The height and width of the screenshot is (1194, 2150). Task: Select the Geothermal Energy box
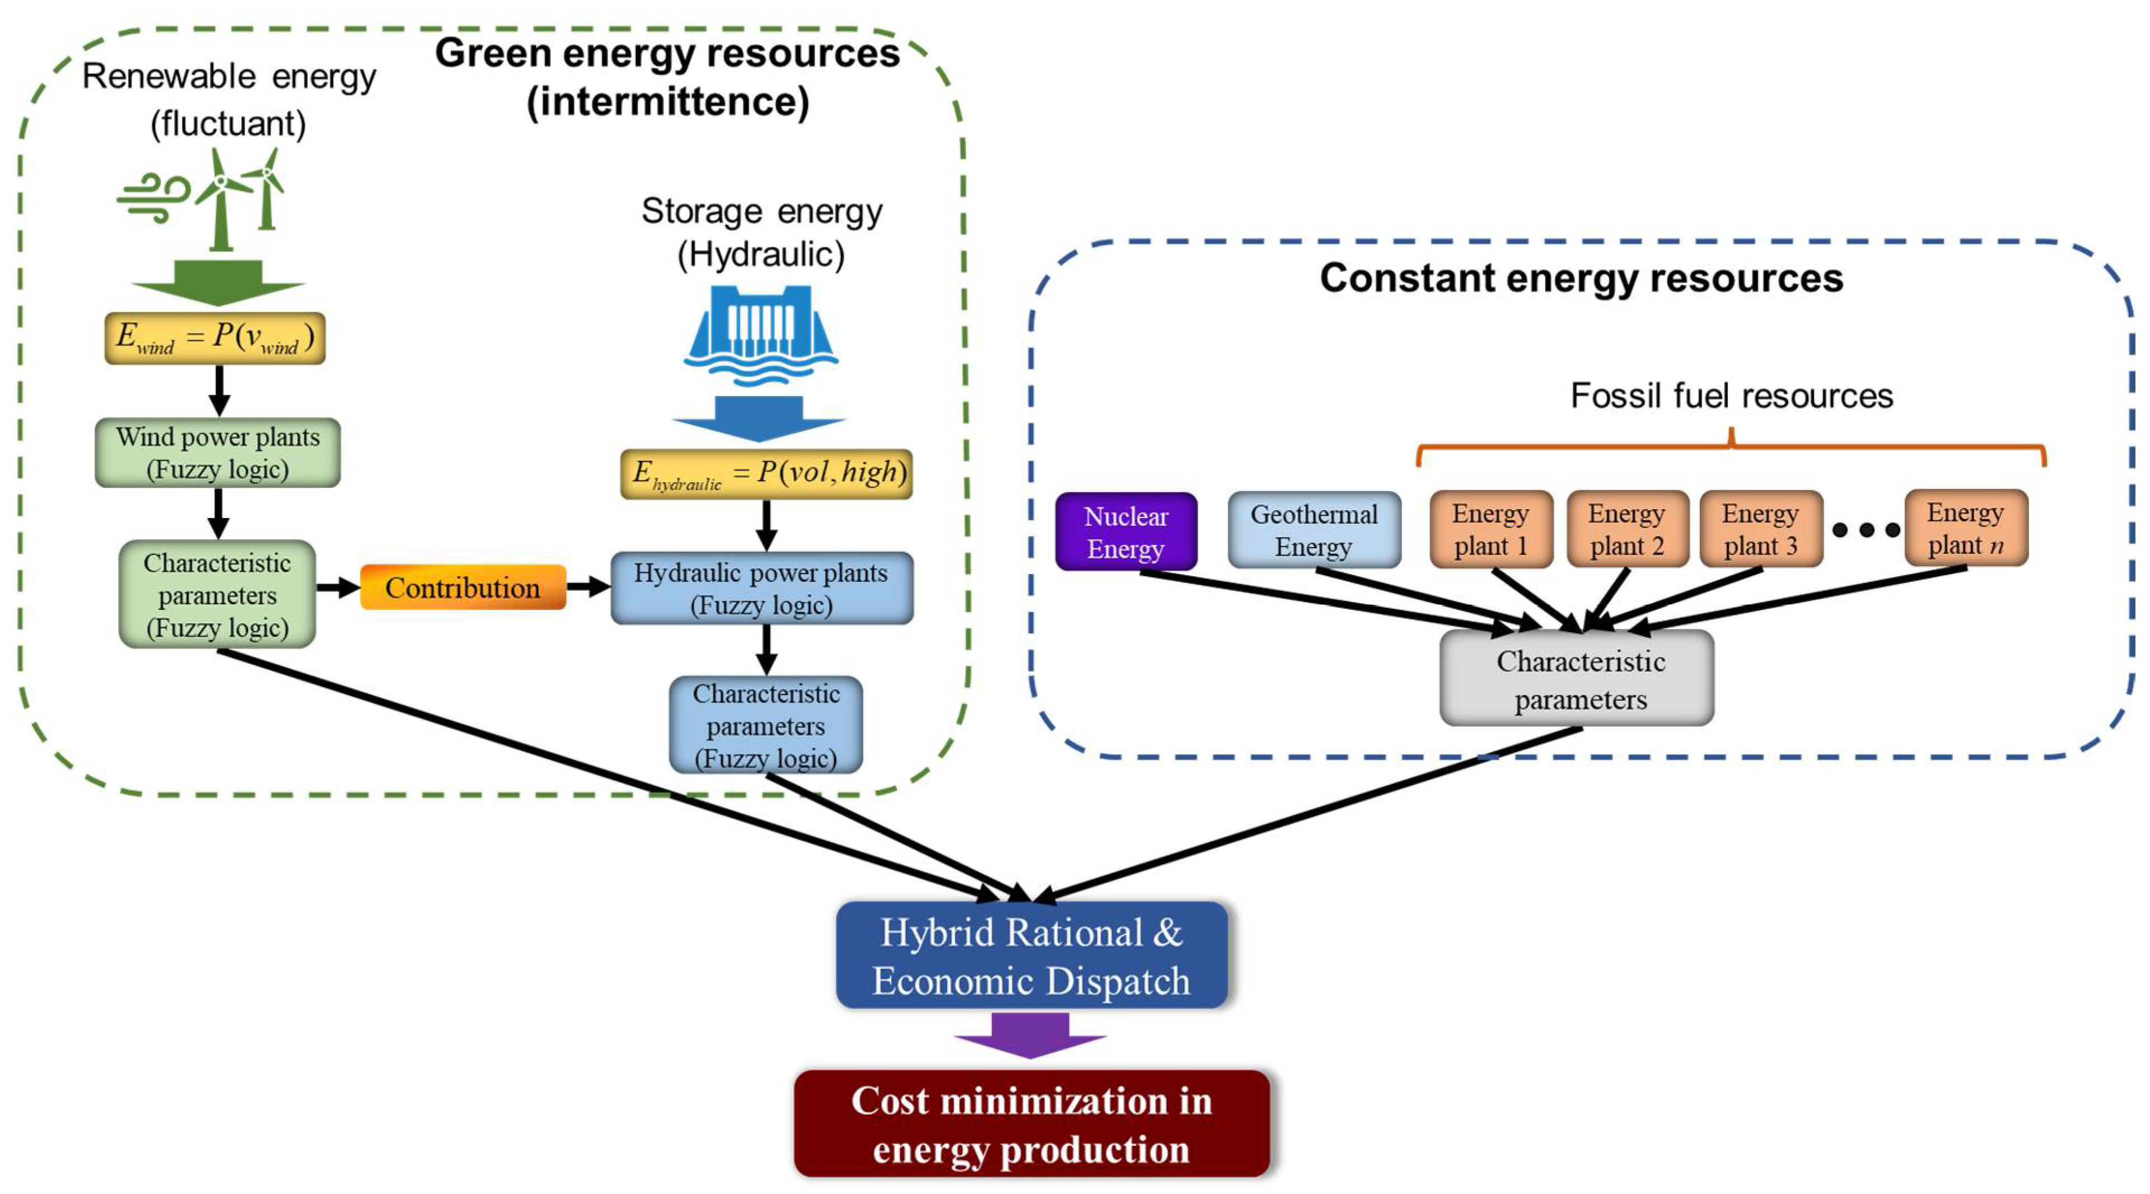1314,530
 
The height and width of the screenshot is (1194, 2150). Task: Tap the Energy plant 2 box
1626,529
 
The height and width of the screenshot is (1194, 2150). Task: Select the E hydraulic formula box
765,473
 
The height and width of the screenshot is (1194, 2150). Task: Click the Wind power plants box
218,453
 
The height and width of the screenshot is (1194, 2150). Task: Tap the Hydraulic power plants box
761,588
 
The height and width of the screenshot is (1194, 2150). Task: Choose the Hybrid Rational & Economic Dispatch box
1031,955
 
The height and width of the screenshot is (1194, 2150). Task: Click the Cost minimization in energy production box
1031,1124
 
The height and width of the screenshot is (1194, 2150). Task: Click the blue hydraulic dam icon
760,334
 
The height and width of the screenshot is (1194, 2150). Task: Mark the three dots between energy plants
1866,529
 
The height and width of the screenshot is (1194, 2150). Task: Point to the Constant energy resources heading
1581,278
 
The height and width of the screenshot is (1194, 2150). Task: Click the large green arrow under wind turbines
218,282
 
